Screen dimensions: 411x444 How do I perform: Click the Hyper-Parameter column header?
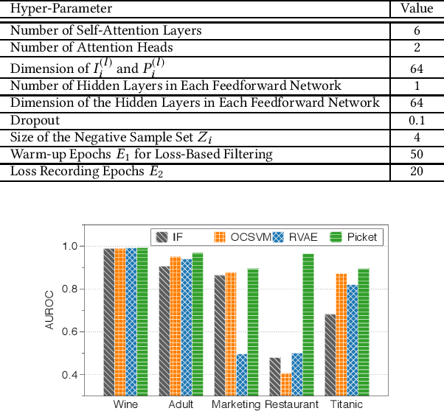(x=61, y=9)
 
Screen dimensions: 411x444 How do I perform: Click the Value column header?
(x=417, y=9)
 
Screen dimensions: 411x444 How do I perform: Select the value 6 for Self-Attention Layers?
(x=417, y=31)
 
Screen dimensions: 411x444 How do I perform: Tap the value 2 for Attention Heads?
(x=417, y=47)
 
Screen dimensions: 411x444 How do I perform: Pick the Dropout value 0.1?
(x=417, y=120)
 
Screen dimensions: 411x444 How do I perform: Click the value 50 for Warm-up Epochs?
(x=417, y=155)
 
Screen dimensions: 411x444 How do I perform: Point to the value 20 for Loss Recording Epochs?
(x=417, y=172)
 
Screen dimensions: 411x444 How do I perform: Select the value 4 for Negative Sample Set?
(x=417, y=137)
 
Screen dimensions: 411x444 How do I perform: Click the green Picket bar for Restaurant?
(x=308, y=325)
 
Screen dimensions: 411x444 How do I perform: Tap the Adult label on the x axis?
(x=181, y=404)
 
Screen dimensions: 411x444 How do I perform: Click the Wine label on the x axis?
(x=125, y=404)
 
